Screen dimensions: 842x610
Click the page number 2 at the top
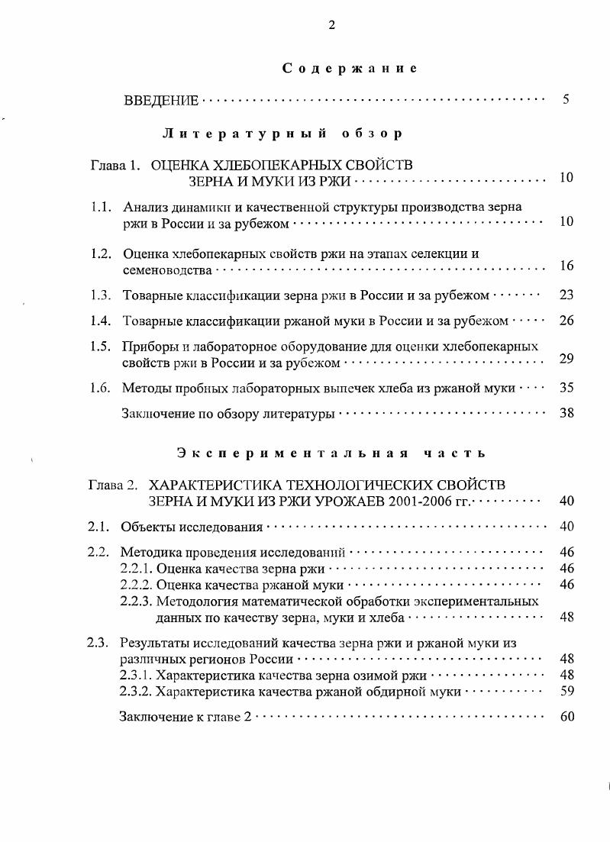(332, 25)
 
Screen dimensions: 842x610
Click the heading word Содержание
(350, 69)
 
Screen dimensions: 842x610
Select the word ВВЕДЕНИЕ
(161, 101)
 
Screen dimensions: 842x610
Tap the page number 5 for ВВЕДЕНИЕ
(566, 100)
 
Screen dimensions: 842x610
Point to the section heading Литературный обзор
(282, 134)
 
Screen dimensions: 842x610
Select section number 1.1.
(102, 207)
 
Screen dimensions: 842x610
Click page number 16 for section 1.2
(566, 266)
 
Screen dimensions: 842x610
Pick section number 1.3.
(102, 295)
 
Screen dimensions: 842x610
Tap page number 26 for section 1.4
(566, 321)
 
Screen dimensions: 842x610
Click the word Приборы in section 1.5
(148, 347)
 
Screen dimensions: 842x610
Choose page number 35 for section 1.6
(566, 388)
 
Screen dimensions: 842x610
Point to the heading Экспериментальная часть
(331, 453)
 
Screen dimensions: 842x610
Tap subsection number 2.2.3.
(137, 602)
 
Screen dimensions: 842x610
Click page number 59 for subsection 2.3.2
(566, 692)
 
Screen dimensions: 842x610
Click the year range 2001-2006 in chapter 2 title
(413, 502)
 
